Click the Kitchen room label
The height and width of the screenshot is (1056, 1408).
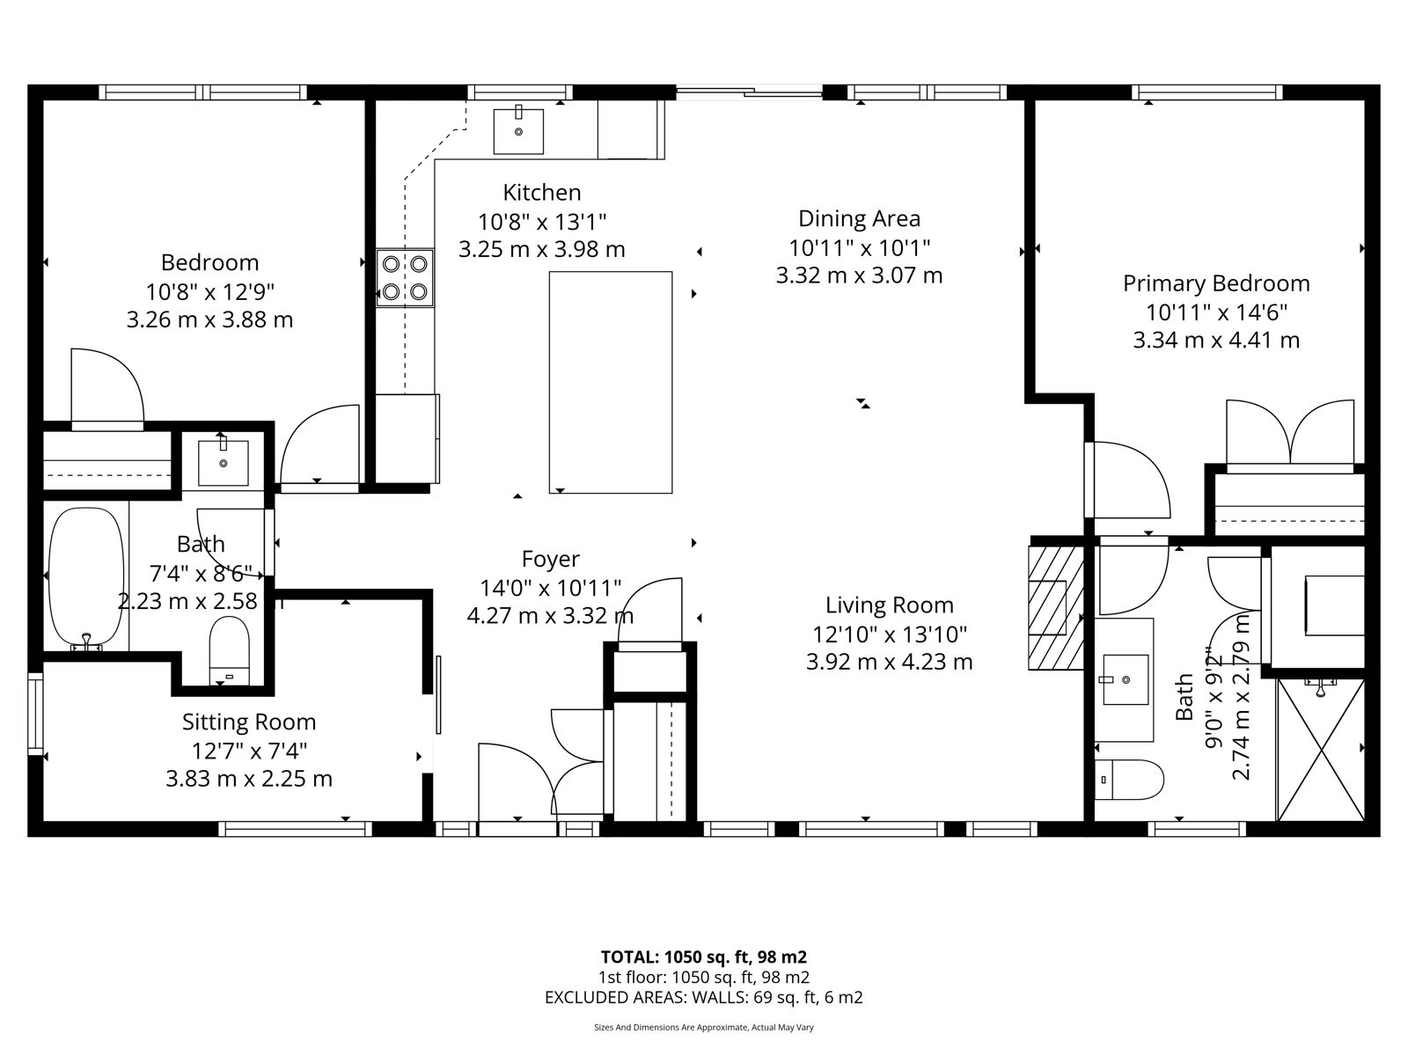point(542,193)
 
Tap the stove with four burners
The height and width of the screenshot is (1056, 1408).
point(405,277)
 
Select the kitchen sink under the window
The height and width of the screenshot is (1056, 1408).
point(518,131)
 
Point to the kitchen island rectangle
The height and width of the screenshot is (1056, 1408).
point(611,382)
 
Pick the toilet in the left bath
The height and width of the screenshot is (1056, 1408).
point(229,650)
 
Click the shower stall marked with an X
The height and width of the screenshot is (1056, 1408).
point(1321,750)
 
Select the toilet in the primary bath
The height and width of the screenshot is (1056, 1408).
point(1129,780)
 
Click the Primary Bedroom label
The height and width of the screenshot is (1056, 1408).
point(1216,283)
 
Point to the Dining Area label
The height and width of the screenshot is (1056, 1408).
point(859,218)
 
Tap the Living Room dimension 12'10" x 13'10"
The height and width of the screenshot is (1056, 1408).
point(890,634)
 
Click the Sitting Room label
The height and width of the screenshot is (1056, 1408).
point(249,722)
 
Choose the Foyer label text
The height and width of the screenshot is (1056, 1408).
point(550,559)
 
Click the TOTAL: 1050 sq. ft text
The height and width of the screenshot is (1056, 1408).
point(676,957)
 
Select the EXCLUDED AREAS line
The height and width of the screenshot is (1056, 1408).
point(704,998)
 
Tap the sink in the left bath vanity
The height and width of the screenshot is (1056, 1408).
point(224,462)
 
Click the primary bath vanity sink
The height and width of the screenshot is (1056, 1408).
point(1126,679)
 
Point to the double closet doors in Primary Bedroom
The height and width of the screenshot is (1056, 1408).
point(1290,434)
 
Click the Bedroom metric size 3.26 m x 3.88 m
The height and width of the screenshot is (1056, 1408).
point(209,319)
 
